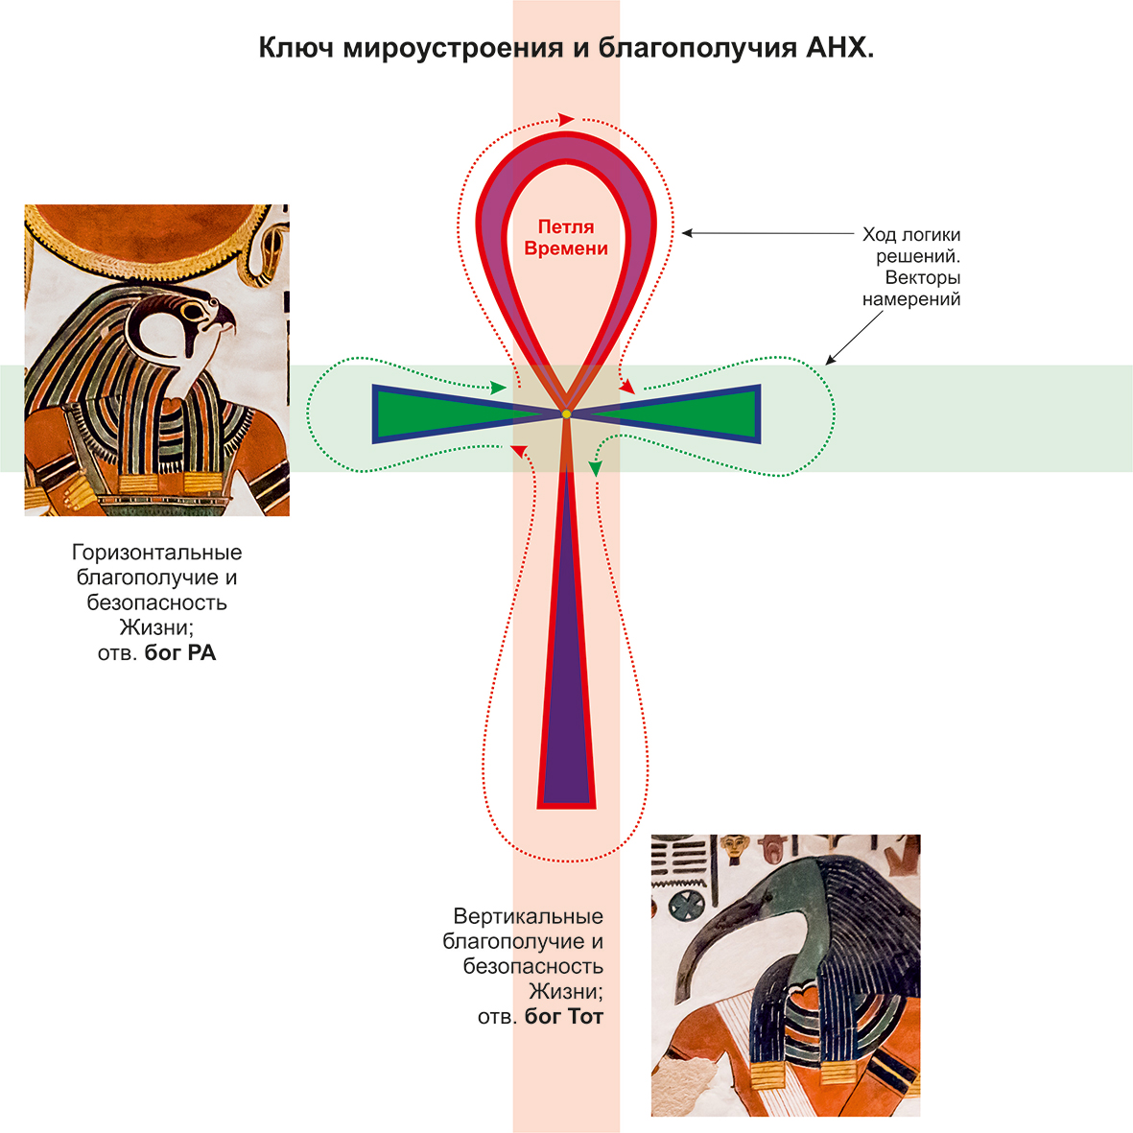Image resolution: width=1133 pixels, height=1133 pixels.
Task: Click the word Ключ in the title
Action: [x=295, y=48]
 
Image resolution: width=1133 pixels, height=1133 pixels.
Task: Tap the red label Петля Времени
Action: [x=566, y=237]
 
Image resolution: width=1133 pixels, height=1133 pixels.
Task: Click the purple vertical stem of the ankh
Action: [x=566, y=650]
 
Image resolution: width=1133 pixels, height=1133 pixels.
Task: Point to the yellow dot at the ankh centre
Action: [x=566, y=414]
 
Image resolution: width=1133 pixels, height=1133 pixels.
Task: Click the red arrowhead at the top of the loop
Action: [x=566, y=119]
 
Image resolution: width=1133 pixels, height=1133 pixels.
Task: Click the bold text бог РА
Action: [x=180, y=652]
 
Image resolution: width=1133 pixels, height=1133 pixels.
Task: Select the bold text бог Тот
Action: [x=563, y=1017]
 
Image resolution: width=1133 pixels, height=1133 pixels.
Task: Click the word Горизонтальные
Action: [x=156, y=553]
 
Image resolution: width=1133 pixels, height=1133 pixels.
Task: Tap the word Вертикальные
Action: [x=529, y=916]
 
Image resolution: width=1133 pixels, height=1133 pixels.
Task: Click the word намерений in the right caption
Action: [x=911, y=299]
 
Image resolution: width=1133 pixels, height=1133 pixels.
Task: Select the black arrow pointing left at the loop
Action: [x=768, y=233]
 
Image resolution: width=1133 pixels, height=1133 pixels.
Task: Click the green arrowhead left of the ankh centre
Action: [x=499, y=388]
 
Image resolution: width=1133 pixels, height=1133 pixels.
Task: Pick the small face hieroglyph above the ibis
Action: [x=734, y=846]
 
